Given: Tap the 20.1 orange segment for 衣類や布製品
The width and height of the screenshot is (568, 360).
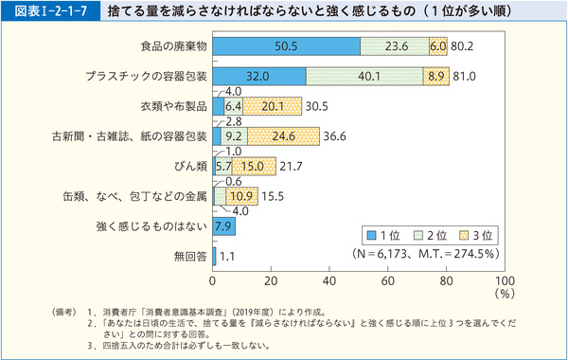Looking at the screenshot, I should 273,106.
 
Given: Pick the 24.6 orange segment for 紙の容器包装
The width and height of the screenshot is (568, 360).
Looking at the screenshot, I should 284,136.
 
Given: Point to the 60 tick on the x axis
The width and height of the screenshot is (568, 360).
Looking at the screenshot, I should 388,281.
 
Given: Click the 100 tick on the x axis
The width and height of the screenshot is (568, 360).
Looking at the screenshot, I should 505,281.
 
